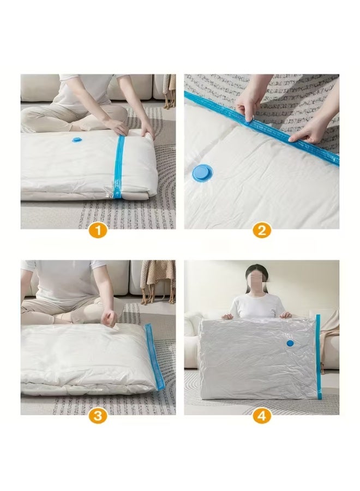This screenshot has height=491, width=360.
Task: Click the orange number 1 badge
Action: click(x=98, y=230)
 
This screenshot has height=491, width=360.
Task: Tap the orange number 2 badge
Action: click(x=261, y=230)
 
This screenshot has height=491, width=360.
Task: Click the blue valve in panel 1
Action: click(x=77, y=140)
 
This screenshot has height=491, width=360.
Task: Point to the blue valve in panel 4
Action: click(x=290, y=343)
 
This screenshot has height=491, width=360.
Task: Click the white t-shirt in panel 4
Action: click(x=256, y=306)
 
